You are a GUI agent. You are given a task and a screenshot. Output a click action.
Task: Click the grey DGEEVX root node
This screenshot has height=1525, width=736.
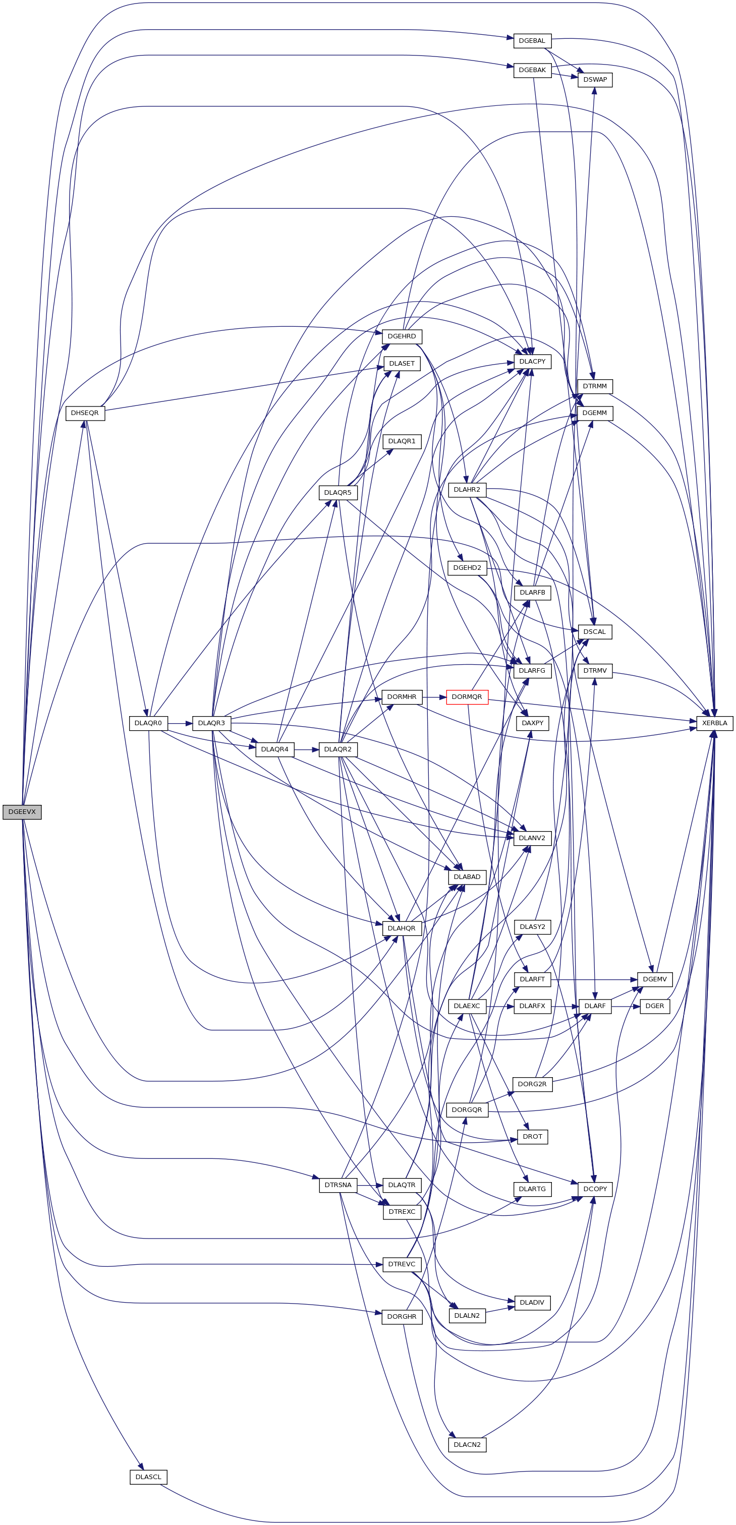pos(22,811)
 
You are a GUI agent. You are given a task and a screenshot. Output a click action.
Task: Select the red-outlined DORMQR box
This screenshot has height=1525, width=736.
pos(467,697)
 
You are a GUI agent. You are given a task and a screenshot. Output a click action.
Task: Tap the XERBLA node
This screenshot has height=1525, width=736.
pos(715,723)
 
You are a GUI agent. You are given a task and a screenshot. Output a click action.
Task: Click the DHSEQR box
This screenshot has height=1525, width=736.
pos(85,413)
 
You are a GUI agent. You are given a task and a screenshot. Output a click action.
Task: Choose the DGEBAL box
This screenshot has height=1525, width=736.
pos(532,41)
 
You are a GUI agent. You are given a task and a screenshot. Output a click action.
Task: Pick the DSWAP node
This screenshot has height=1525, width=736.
pos(595,79)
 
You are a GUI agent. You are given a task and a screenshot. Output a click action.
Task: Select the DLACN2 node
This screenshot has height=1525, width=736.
pos(467,1444)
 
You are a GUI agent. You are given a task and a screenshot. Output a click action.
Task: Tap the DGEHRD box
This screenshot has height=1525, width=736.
pos(402,336)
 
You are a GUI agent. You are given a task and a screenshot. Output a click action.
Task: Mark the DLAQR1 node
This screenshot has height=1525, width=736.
pos(402,441)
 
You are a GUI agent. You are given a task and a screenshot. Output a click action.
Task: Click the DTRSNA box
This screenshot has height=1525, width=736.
pos(338,1185)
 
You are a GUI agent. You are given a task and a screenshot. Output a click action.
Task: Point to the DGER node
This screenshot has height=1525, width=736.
pos(655,1006)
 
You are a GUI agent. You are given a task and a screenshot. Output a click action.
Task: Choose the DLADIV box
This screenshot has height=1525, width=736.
pos(532,1303)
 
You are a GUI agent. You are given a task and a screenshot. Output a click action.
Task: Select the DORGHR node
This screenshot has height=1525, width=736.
pos(402,1317)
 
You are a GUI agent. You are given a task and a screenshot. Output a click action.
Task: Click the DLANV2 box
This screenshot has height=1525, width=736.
pos(532,838)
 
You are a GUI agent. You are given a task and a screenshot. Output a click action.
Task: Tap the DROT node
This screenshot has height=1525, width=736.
pos(532,1136)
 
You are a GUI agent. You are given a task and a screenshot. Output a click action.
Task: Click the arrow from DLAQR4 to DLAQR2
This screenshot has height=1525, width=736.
pos(306,749)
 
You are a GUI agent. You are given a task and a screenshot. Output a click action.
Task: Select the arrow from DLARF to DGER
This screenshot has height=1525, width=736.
pos(626,1006)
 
